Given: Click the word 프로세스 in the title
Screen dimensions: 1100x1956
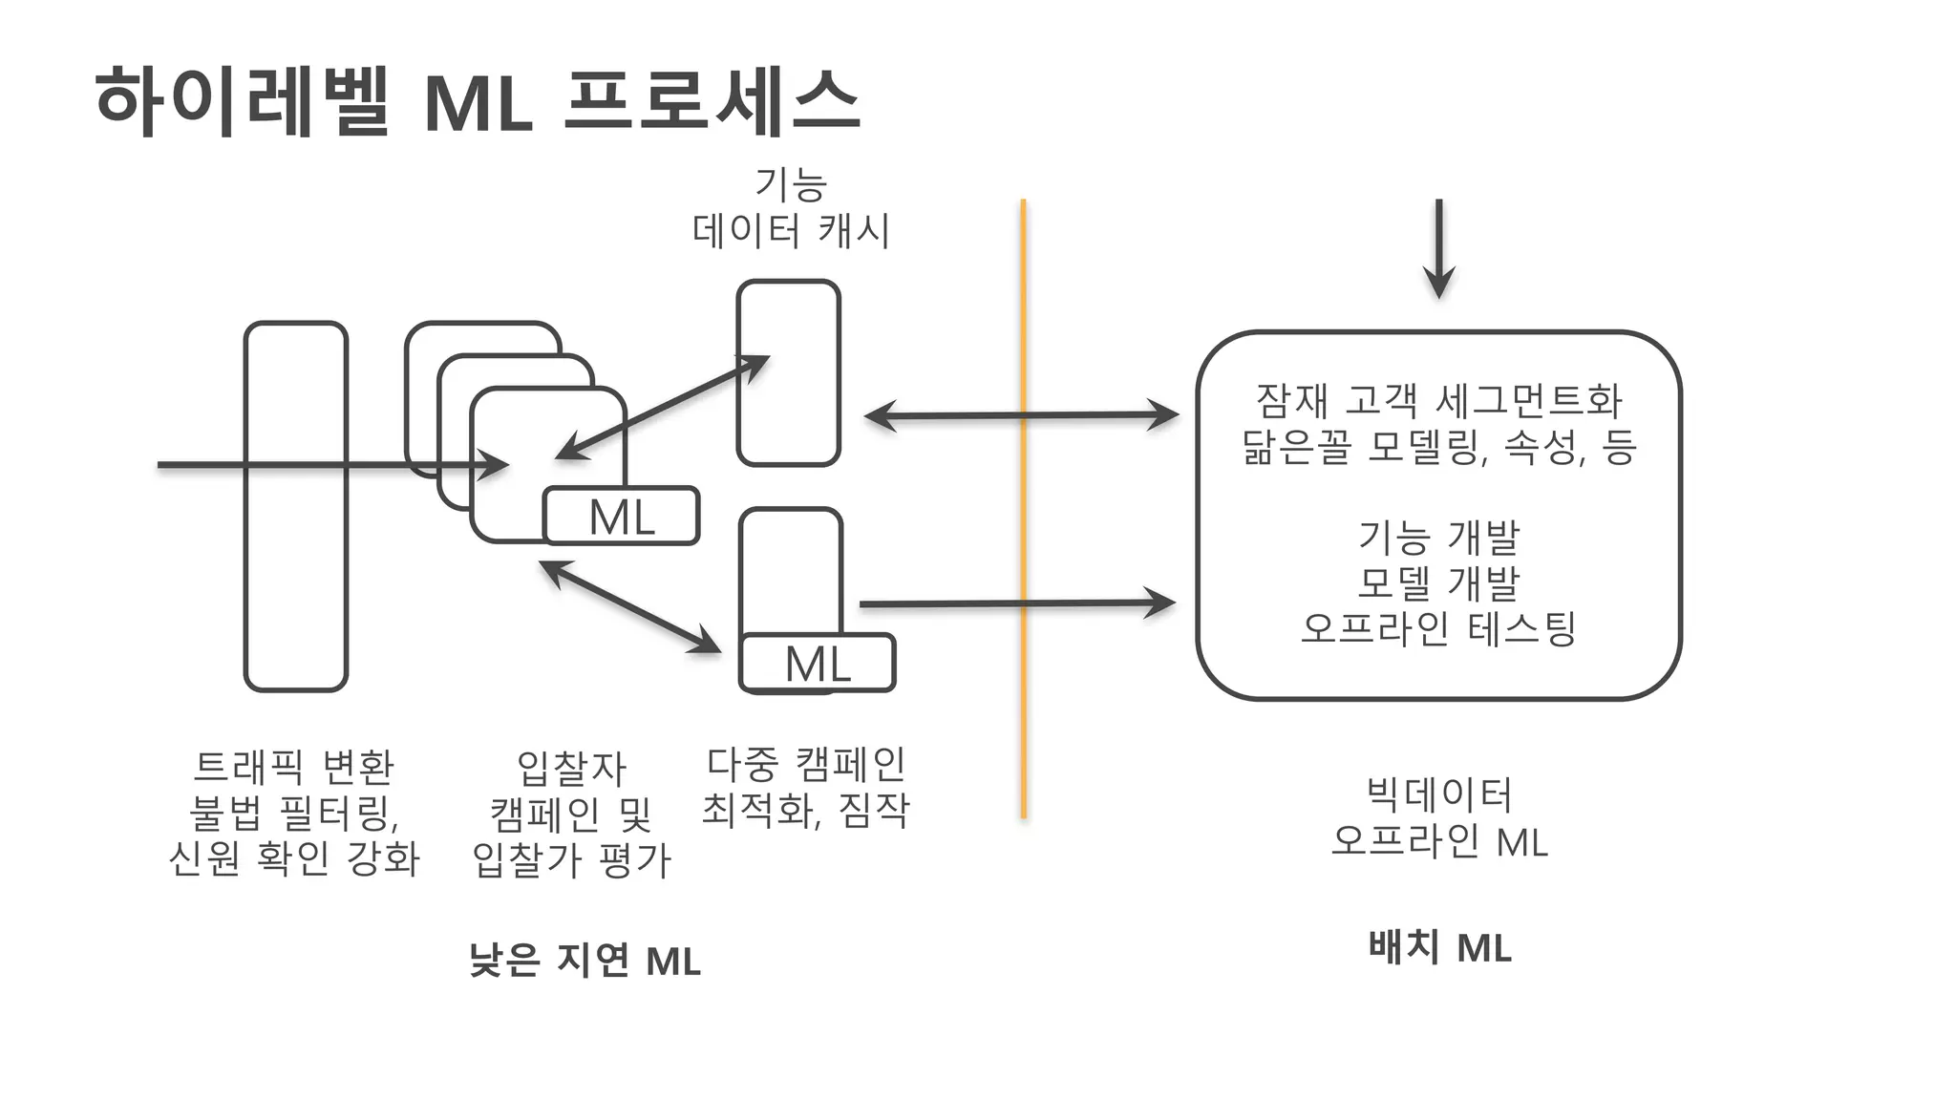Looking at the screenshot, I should coord(712,100).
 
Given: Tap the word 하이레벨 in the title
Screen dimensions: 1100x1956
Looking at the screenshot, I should coord(244,100).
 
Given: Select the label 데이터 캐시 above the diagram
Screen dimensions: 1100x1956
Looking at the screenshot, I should coord(791,231).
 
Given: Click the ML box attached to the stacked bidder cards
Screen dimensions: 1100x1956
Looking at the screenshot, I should coord(622,517).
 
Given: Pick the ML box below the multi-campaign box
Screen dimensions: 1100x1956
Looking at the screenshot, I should coord(818,663).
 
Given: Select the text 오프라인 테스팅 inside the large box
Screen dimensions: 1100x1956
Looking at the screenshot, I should coord(1438,628).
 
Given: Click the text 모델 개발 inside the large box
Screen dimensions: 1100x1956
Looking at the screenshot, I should coord(1438,582).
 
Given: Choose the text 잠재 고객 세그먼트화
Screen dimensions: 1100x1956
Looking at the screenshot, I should coord(1438,400).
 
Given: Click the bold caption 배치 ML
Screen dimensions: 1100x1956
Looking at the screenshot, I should coord(1439,947).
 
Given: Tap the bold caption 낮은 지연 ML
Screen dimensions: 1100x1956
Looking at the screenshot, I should coord(585,960).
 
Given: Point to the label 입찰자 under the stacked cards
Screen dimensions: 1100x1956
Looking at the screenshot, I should coord(571,768).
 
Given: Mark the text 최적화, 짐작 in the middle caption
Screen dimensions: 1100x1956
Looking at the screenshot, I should coord(805,810).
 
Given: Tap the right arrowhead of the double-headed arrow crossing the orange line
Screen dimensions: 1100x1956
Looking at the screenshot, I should coord(1166,415).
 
